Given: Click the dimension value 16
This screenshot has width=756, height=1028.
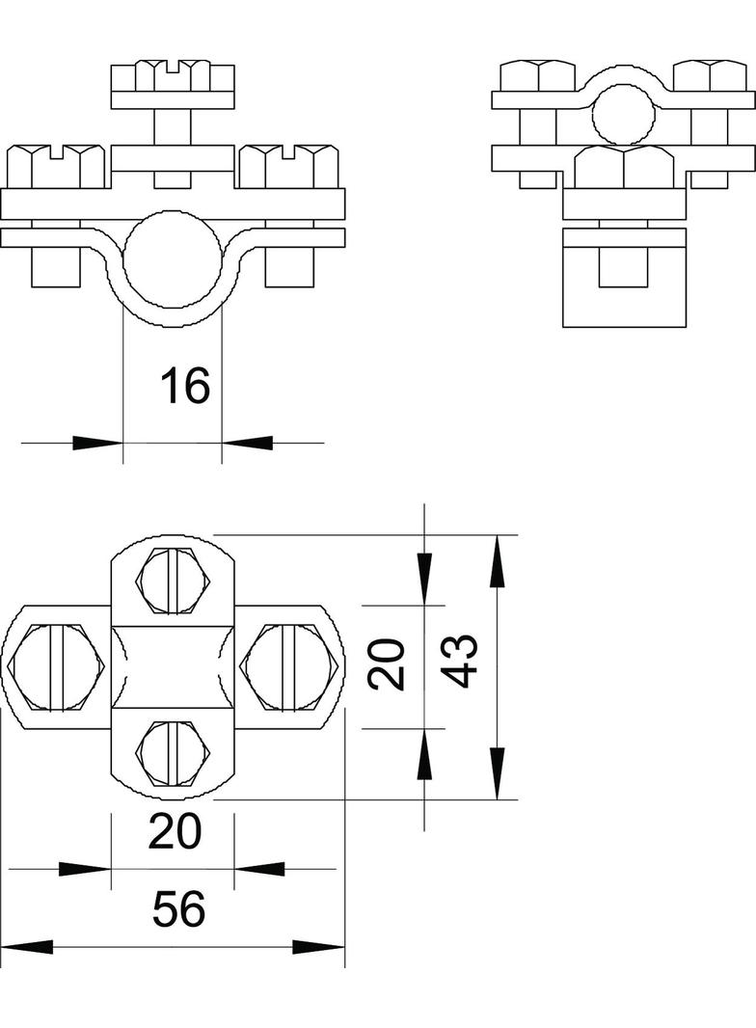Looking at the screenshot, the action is coord(185,385).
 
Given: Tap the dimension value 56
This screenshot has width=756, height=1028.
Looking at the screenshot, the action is coord(178,909).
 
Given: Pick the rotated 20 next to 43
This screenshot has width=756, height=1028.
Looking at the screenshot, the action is coord(386,664).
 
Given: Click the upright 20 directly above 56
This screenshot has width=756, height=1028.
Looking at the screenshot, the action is coord(174,831).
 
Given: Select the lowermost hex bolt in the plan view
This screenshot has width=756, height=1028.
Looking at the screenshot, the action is coord(173,754).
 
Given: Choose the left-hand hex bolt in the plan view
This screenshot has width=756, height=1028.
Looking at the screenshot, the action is coord(55,666).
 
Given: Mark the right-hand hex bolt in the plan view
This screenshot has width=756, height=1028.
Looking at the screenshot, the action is coord(289,666).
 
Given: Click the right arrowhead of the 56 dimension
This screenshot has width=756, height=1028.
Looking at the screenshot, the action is coord(318,947).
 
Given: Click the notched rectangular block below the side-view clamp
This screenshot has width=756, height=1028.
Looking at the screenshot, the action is coord(624,278).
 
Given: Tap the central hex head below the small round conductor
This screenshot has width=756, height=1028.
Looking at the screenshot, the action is coord(624,167).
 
